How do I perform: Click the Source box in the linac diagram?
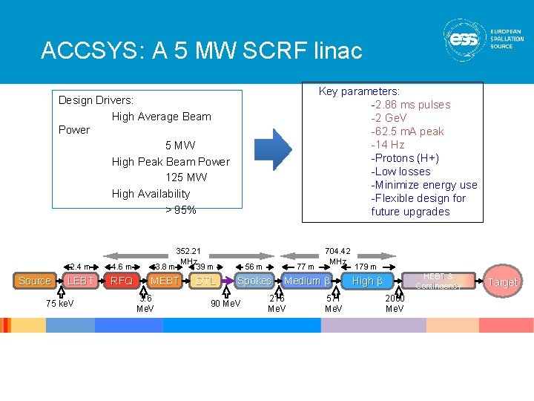(35, 281)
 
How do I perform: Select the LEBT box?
(79, 281)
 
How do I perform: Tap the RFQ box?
(122, 281)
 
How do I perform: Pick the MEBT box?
(164, 281)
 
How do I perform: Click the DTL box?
(206, 281)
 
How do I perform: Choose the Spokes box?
(254, 281)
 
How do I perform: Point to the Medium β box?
(306, 281)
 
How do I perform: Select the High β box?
(367, 281)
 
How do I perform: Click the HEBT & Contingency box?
(438, 281)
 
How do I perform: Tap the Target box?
(503, 281)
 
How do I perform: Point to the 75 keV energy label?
(59, 303)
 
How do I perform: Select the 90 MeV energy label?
(225, 303)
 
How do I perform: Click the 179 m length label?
(365, 267)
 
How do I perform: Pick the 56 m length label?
(254, 267)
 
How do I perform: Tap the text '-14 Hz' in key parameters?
(388, 145)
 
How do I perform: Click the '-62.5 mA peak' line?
(407, 131)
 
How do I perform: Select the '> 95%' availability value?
(180, 210)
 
